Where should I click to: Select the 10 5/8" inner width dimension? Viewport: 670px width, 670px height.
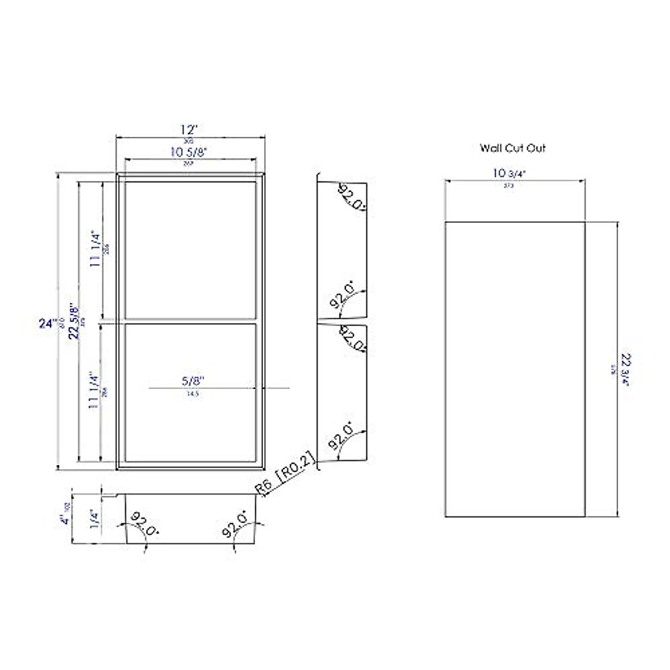(x=189, y=151)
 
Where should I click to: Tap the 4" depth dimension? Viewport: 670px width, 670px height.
(x=65, y=519)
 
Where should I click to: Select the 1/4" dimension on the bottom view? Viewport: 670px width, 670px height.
(x=95, y=519)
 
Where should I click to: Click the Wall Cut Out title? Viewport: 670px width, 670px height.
(x=513, y=148)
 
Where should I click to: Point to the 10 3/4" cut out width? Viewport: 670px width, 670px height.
(x=510, y=173)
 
